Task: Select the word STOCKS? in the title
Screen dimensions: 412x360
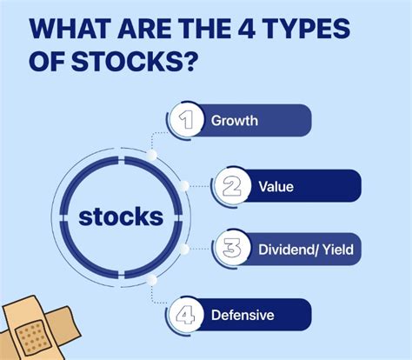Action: pos(133,61)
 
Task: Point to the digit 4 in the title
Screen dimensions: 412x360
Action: pos(246,29)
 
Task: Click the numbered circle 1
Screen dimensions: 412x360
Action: pos(185,120)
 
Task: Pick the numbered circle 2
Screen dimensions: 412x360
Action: pos(232,186)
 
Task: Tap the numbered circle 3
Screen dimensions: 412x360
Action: pos(232,249)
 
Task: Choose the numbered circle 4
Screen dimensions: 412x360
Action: pos(185,315)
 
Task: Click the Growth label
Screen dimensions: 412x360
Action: pos(235,121)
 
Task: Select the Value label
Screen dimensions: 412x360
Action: pos(276,186)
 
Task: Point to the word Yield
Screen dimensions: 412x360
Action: pos(338,250)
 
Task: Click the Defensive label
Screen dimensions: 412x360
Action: pos(243,315)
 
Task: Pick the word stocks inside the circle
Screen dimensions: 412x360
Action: pos(121,217)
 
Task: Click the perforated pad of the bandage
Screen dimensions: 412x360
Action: pos(33,337)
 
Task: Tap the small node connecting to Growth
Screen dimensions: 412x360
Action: pos(152,155)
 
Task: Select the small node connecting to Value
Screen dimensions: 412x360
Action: pos(183,186)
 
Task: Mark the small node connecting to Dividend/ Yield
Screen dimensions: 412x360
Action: pos(183,249)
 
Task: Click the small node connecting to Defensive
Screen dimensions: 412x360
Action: pos(151,280)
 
